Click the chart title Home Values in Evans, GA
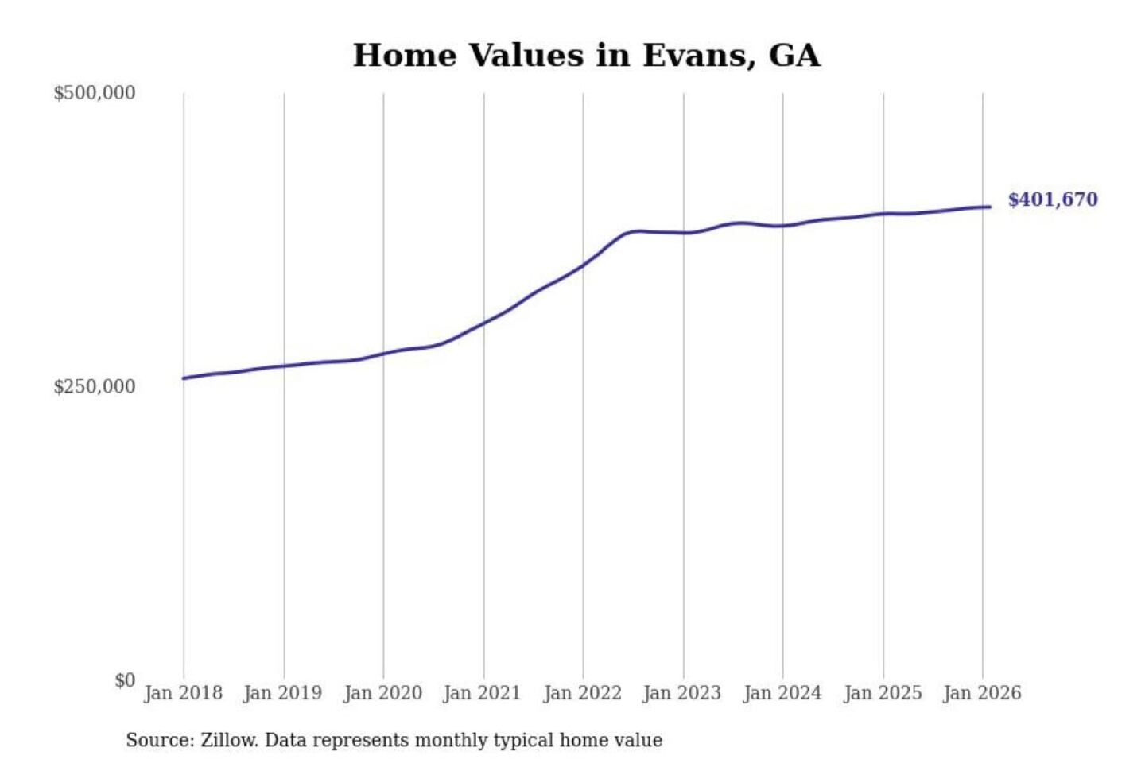pos(586,56)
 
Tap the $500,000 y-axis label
pos(94,93)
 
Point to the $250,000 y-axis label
pos(94,387)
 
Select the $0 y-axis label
pos(124,680)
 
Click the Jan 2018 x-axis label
pos(183,693)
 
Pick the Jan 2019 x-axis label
pos(282,693)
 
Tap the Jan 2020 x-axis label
pos(382,693)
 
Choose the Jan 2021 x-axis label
pos(482,693)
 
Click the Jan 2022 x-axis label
pos(582,693)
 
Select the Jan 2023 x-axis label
pos(681,693)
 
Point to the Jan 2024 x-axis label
pos(782,693)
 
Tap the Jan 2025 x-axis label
pos(882,693)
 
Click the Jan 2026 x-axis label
pos(981,693)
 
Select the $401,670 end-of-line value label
pos(1052,199)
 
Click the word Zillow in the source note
pos(228,740)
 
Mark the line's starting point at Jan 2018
pos(184,378)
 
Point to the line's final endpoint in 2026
pos(990,207)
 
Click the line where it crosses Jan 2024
pos(782,227)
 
